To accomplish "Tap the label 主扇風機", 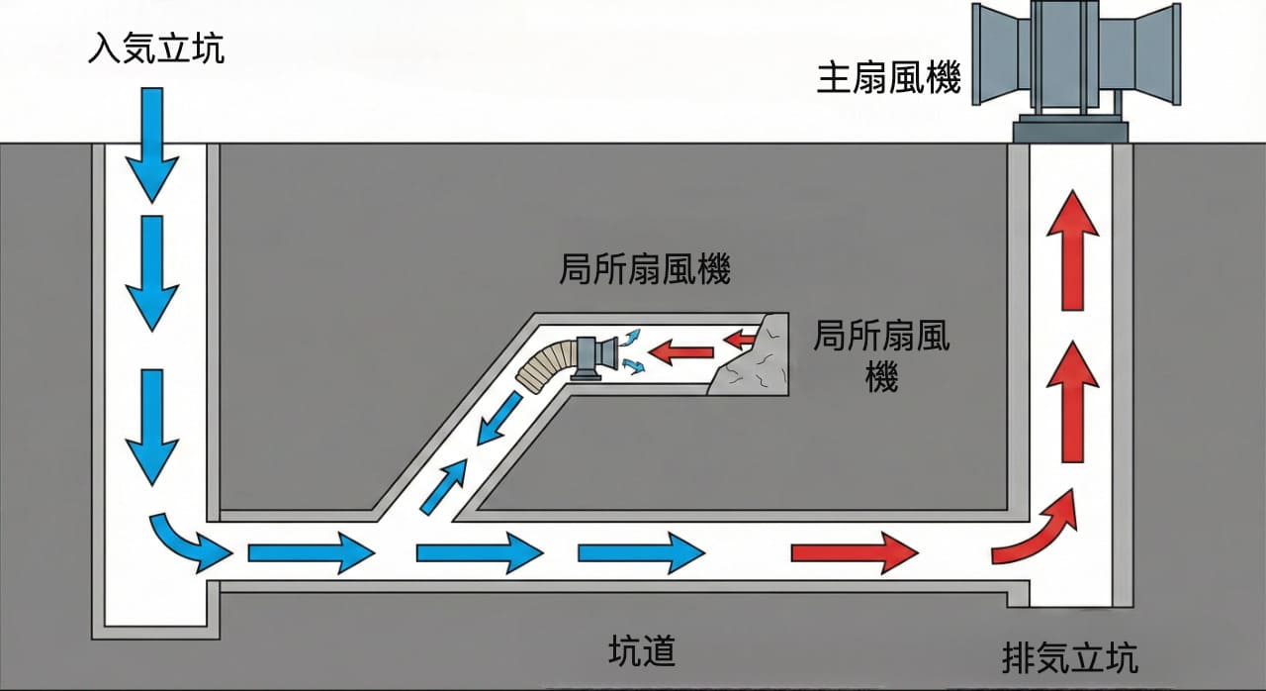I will tap(888, 78).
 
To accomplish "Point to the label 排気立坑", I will tap(1069, 657).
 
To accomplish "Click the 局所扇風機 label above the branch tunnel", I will tap(645, 269).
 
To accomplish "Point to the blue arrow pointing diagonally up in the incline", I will tap(444, 485).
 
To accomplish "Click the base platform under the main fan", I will tap(1069, 128).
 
